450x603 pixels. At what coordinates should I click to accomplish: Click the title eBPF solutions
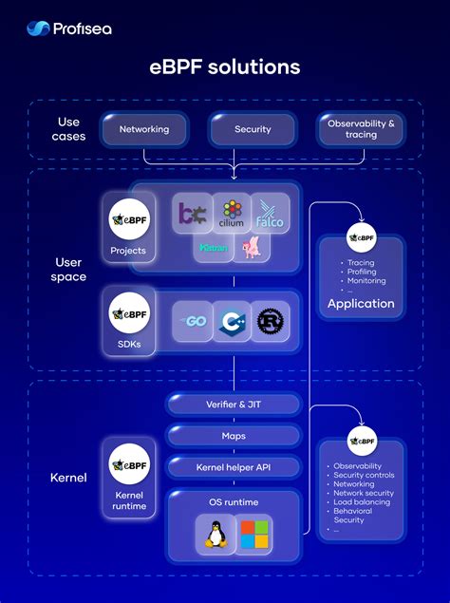click(225, 67)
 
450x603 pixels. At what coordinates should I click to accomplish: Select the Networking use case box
click(144, 129)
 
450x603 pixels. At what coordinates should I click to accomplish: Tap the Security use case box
click(253, 129)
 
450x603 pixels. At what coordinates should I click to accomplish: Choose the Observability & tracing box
click(361, 129)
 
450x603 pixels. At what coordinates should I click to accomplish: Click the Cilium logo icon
click(232, 214)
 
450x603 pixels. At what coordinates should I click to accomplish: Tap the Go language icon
click(194, 321)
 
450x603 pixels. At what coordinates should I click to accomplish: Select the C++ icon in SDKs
click(233, 321)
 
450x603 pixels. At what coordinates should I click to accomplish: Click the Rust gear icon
click(272, 321)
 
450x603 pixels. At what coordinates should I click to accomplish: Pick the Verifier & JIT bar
click(234, 405)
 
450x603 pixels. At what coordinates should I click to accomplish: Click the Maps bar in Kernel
click(234, 436)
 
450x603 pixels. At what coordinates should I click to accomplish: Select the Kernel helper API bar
click(234, 467)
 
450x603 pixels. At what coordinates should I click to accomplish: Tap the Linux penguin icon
click(215, 534)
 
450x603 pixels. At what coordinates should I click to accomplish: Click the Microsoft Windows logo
click(253, 534)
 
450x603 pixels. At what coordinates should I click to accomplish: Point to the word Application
click(361, 304)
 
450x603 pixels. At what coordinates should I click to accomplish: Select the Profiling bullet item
click(361, 272)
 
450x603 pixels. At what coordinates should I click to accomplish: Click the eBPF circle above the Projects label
click(128, 220)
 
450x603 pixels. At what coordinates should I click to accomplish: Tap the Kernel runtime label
click(128, 500)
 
